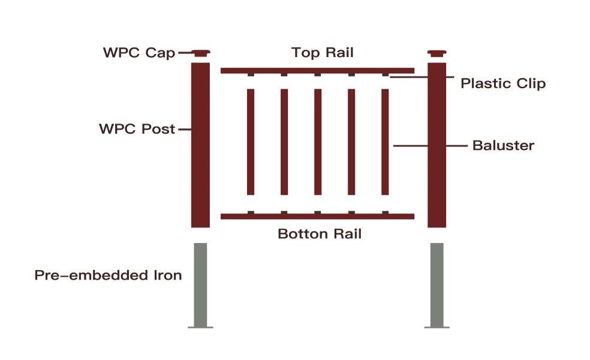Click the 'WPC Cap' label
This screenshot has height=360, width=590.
pyautogui.click(x=139, y=53)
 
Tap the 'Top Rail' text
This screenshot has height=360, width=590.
pyautogui.click(x=323, y=53)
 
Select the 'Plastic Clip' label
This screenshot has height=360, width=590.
pyautogui.click(x=503, y=83)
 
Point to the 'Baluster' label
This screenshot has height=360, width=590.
pyautogui.click(x=503, y=145)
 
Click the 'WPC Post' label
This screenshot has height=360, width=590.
pyautogui.click(x=137, y=129)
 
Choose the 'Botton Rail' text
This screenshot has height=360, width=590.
pyautogui.click(x=320, y=234)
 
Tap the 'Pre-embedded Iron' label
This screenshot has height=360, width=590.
pyautogui.click(x=108, y=275)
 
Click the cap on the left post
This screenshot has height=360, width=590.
pyautogui.click(x=200, y=53)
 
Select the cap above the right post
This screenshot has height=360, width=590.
pyautogui.click(x=437, y=53)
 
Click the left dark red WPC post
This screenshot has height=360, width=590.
pyautogui.click(x=200, y=145)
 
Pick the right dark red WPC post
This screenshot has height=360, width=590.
pyautogui.click(x=437, y=145)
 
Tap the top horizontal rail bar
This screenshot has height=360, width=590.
pyautogui.click(x=317, y=71)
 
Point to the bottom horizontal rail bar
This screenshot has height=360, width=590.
pyautogui.click(x=317, y=217)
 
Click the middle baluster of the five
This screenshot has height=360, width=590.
pyautogui.click(x=318, y=142)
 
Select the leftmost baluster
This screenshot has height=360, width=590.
pyautogui.click(x=251, y=142)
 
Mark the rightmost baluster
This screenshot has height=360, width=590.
pyautogui.click(x=385, y=142)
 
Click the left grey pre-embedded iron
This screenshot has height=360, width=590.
pyautogui.click(x=200, y=285)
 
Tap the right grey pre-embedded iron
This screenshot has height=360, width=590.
pyautogui.click(x=437, y=285)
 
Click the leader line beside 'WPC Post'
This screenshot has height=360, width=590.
pyautogui.click(x=185, y=129)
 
